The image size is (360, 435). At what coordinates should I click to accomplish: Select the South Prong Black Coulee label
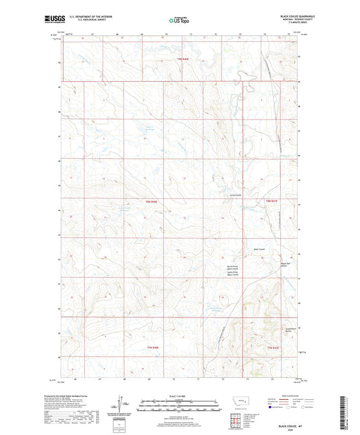[x=233, y=274]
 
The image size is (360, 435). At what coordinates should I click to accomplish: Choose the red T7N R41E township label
[x=272, y=347]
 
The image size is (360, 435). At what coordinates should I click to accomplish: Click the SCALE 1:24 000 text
[x=179, y=396]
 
